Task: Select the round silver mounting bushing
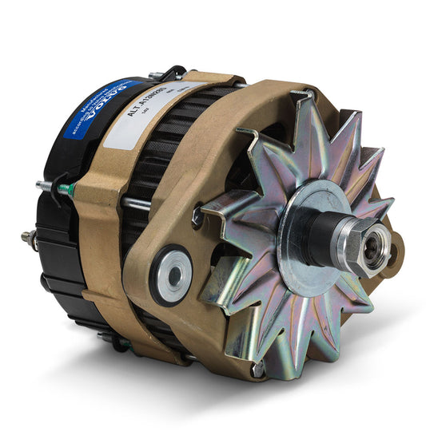(x=172, y=275)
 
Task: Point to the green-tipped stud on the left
(x=67, y=191)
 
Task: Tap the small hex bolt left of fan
(x=197, y=215)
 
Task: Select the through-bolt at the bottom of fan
(x=257, y=368)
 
